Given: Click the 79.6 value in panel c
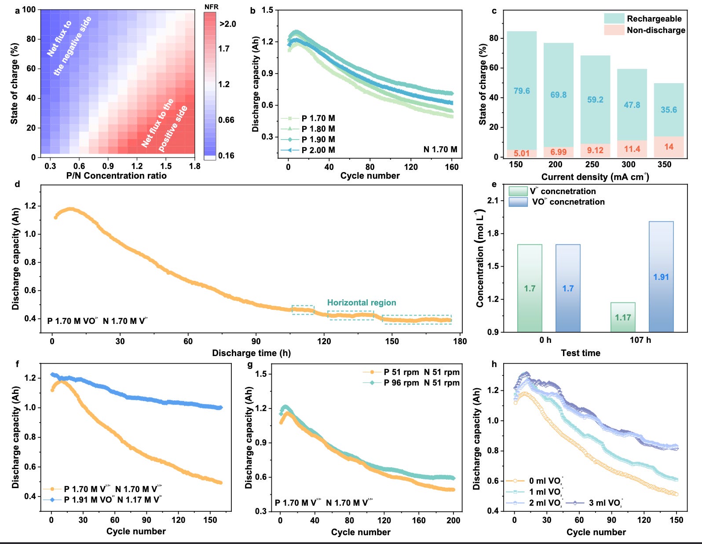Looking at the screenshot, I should (x=522, y=91).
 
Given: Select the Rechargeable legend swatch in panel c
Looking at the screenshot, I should (x=614, y=18).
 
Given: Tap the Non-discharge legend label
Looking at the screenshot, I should (x=656, y=30).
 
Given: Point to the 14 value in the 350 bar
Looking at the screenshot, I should (x=669, y=147).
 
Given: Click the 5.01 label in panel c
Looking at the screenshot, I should (x=522, y=153).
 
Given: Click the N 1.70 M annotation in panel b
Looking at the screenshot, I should (x=440, y=150).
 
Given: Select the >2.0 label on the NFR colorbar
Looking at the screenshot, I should (x=228, y=24).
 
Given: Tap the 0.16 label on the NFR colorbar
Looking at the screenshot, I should (x=226, y=155).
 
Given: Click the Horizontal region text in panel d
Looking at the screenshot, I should (x=362, y=303).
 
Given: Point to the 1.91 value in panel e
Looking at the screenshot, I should (x=661, y=277).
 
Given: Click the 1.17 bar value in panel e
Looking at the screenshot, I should (x=623, y=317).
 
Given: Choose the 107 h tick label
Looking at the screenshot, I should (x=640, y=340).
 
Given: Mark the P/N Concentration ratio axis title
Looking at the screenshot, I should (x=117, y=176).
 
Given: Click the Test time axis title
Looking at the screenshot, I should (x=581, y=353).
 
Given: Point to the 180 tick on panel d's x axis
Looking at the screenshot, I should (x=460, y=341).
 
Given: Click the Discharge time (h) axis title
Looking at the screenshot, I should (x=251, y=353).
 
